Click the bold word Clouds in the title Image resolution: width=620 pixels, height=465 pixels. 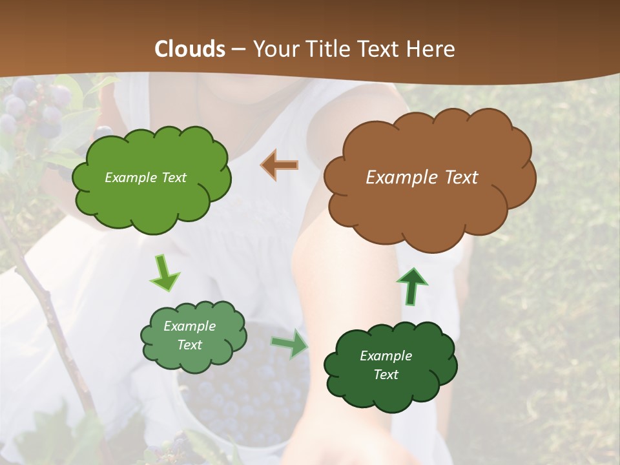point(189,49)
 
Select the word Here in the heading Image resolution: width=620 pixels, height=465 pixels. point(432,49)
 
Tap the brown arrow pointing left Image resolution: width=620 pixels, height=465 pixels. point(280,165)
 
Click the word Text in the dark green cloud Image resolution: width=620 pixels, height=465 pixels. point(386,375)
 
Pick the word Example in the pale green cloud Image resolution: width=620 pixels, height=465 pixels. point(189,326)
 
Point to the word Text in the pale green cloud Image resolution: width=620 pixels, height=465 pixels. point(189,345)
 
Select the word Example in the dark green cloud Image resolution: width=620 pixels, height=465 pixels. point(386,356)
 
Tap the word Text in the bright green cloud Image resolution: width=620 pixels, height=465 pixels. point(173,178)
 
